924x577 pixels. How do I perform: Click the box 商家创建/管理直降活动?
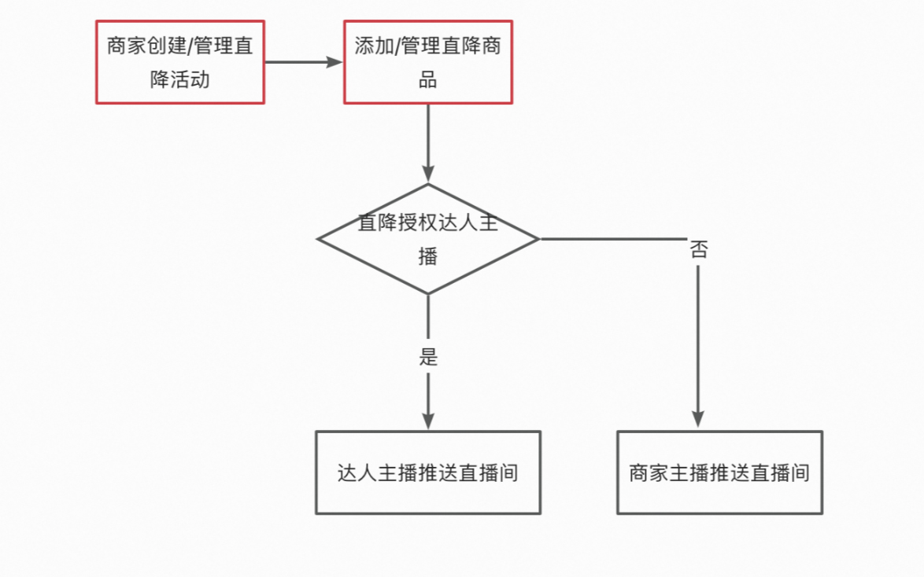[180, 62]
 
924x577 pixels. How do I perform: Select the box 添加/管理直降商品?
[428, 62]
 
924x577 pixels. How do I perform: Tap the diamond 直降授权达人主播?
[428, 238]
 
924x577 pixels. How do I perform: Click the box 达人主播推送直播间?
[428, 472]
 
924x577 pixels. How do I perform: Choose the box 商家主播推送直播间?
[719, 472]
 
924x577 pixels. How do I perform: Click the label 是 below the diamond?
[428, 357]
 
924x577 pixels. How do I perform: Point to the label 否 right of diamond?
[698, 250]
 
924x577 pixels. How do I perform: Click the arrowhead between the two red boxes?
[336, 62]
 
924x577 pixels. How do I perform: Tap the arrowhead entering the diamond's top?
[428, 174]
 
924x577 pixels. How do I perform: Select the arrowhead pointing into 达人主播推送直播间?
[428, 421]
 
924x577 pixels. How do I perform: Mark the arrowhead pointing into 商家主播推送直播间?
[698, 421]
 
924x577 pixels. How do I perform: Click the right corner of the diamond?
[538, 238]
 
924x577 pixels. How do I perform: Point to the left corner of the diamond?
[319, 238]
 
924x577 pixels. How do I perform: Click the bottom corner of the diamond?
[428, 292]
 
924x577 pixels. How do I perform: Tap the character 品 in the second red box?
[428, 79]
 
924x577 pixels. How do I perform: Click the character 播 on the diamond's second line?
[428, 256]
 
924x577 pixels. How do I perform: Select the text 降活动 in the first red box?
[180, 79]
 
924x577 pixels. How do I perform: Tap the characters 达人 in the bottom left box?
[357, 473]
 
